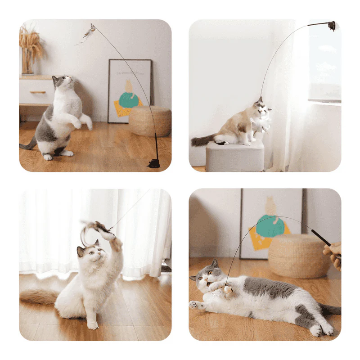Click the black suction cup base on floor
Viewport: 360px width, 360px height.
pos(154,162)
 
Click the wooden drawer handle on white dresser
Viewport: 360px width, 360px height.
pos(38,92)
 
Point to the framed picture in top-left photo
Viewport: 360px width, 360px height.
pos(130,90)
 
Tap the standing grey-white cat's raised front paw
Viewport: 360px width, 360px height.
pos(85,121)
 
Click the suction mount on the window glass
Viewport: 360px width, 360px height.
pos(332,26)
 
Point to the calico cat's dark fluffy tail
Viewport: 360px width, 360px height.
pos(204,140)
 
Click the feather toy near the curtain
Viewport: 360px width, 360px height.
pos(98,229)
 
